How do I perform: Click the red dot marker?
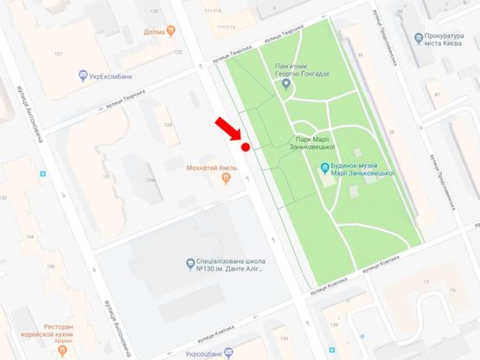(x=246, y=147)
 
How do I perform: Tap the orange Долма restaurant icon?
(x=171, y=33)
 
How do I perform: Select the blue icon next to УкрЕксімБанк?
(x=82, y=75)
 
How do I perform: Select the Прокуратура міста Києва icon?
(x=418, y=38)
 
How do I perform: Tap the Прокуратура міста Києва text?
(x=451, y=43)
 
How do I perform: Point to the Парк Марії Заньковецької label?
(x=312, y=143)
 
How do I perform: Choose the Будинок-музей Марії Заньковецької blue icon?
(x=324, y=168)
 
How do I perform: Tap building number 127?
(x=60, y=54)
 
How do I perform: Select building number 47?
(x=438, y=94)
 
